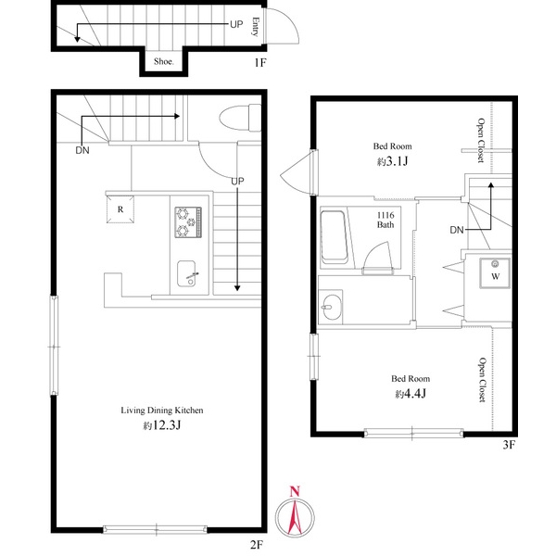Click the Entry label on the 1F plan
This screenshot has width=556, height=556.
(x=255, y=27)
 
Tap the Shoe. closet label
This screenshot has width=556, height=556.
(x=164, y=61)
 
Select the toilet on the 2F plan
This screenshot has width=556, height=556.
(x=240, y=118)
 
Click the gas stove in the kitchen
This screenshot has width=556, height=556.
(x=188, y=222)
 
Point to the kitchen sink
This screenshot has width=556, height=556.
(x=186, y=273)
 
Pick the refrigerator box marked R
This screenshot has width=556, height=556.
(x=120, y=209)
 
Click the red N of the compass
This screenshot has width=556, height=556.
(x=295, y=491)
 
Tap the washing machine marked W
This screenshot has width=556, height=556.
(x=495, y=273)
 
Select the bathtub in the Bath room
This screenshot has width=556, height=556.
(x=334, y=237)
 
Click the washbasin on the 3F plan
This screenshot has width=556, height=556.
(x=331, y=307)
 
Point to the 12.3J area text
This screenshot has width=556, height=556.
(x=162, y=425)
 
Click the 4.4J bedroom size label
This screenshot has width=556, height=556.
(x=411, y=393)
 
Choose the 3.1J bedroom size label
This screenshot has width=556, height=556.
(x=392, y=161)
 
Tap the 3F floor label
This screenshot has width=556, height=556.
(x=509, y=445)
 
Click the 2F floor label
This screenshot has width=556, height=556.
(x=257, y=545)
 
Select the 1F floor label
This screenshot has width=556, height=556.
(x=259, y=63)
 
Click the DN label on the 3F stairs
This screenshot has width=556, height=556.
(x=457, y=230)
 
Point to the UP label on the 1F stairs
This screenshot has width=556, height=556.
(x=236, y=24)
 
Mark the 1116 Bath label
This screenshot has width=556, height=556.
(x=385, y=220)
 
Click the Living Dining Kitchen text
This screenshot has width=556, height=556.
(x=162, y=411)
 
